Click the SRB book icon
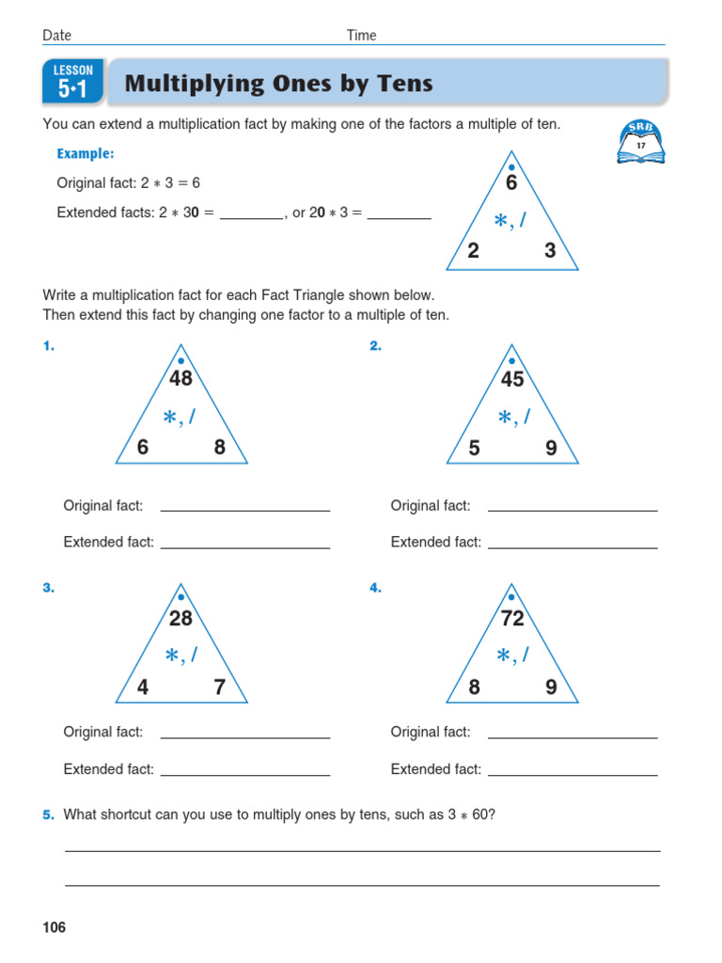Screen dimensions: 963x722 (641, 142)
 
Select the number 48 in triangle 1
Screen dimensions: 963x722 (180, 379)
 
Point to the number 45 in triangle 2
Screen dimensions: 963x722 (512, 379)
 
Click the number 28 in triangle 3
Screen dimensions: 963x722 (180, 619)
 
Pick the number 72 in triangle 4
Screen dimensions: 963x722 (512, 619)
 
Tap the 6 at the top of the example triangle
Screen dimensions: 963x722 (511, 184)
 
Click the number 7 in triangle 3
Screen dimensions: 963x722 (219, 688)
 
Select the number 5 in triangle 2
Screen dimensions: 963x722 (475, 449)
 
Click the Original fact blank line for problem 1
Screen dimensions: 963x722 (245, 509)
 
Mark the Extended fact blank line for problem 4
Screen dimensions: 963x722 (573, 773)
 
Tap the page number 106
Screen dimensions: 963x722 (55, 928)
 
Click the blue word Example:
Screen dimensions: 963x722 (86, 153)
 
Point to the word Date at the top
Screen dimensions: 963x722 (56, 36)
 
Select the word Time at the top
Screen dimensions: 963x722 (361, 36)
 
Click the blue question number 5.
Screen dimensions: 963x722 (48, 815)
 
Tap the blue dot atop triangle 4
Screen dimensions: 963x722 (511, 596)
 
